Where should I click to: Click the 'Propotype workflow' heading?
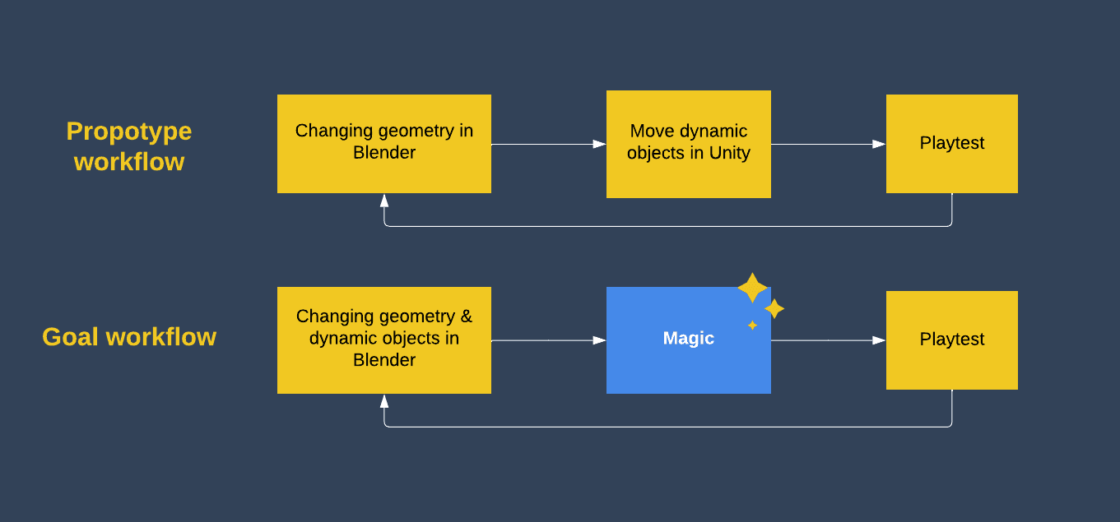click(129, 146)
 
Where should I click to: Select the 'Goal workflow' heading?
click(129, 337)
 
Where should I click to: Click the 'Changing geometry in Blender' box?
click(384, 144)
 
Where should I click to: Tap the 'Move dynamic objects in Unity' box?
click(689, 144)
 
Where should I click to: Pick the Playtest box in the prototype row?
click(952, 144)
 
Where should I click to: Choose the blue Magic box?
click(689, 340)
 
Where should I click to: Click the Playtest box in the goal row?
click(952, 340)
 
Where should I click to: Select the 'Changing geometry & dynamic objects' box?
click(384, 340)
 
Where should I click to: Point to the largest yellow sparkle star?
click(752, 288)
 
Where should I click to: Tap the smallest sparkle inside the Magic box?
click(752, 326)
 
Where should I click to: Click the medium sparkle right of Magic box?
click(774, 309)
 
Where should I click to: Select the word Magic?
click(689, 338)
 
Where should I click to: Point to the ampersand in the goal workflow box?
click(466, 316)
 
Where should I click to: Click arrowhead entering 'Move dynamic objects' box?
click(599, 144)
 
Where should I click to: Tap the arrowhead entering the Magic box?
click(599, 340)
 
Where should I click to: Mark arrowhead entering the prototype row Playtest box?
click(880, 144)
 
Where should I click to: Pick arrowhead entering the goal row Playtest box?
click(880, 340)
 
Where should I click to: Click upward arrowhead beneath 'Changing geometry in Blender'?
click(384, 201)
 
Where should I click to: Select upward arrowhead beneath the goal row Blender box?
click(384, 401)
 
